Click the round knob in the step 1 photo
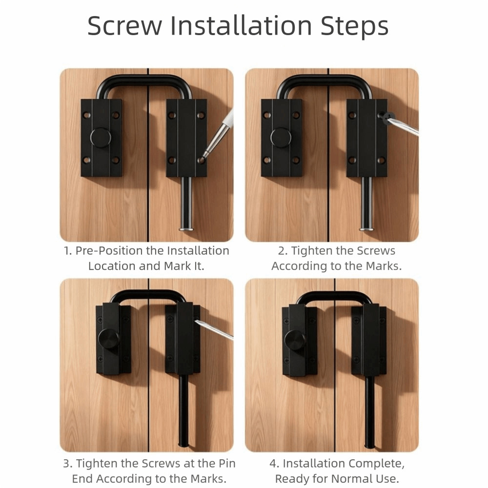[x=101, y=138]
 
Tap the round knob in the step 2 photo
[x=281, y=138]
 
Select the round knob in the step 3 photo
[x=109, y=339]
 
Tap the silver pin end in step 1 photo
[x=186, y=229]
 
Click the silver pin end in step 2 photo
[x=366, y=229]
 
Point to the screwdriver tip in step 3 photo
[x=196, y=321]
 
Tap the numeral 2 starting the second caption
[x=282, y=251]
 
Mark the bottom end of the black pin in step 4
[x=369, y=447]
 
